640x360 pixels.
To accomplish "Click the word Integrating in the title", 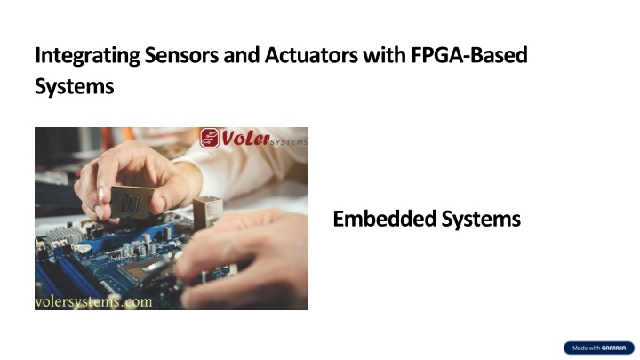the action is pyautogui.click(x=87, y=56).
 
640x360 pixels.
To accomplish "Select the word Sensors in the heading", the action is pyautogui.click(x=181, y=55).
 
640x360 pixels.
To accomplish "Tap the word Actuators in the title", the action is pyautogui.click(x=311, y=55).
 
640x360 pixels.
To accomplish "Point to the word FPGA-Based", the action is pyautogui.click(x=469, y=55).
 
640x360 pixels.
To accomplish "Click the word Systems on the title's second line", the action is pyautogui.click(x=75, y=86).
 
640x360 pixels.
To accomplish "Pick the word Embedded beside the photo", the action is pyautogui.click(x=385, y=219).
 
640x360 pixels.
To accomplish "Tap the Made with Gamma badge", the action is pyautogui.click(x=599, y=348).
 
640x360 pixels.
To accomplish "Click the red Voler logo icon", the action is pyautogui.click(x=210, y=138).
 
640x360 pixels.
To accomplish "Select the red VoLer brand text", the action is pyautogui.click(x=245, y=139).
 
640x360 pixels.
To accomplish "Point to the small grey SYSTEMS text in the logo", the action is pyautogui.click(x=289, y=142).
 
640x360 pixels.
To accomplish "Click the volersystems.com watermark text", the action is pyautogui.click(x=93, y=302).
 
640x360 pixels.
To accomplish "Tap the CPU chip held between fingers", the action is pyautogui.click(x=132, y=202).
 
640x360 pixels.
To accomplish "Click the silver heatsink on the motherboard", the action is pyautogui.click(x=64, y=235).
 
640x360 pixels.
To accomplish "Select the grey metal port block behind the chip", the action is pyautogui.click(x=208, y=211).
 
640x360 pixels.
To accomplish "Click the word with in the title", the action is pyautogui.click(x=384, y=55).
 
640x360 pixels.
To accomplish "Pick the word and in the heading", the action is pyautogui.click(x=242, y=55).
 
